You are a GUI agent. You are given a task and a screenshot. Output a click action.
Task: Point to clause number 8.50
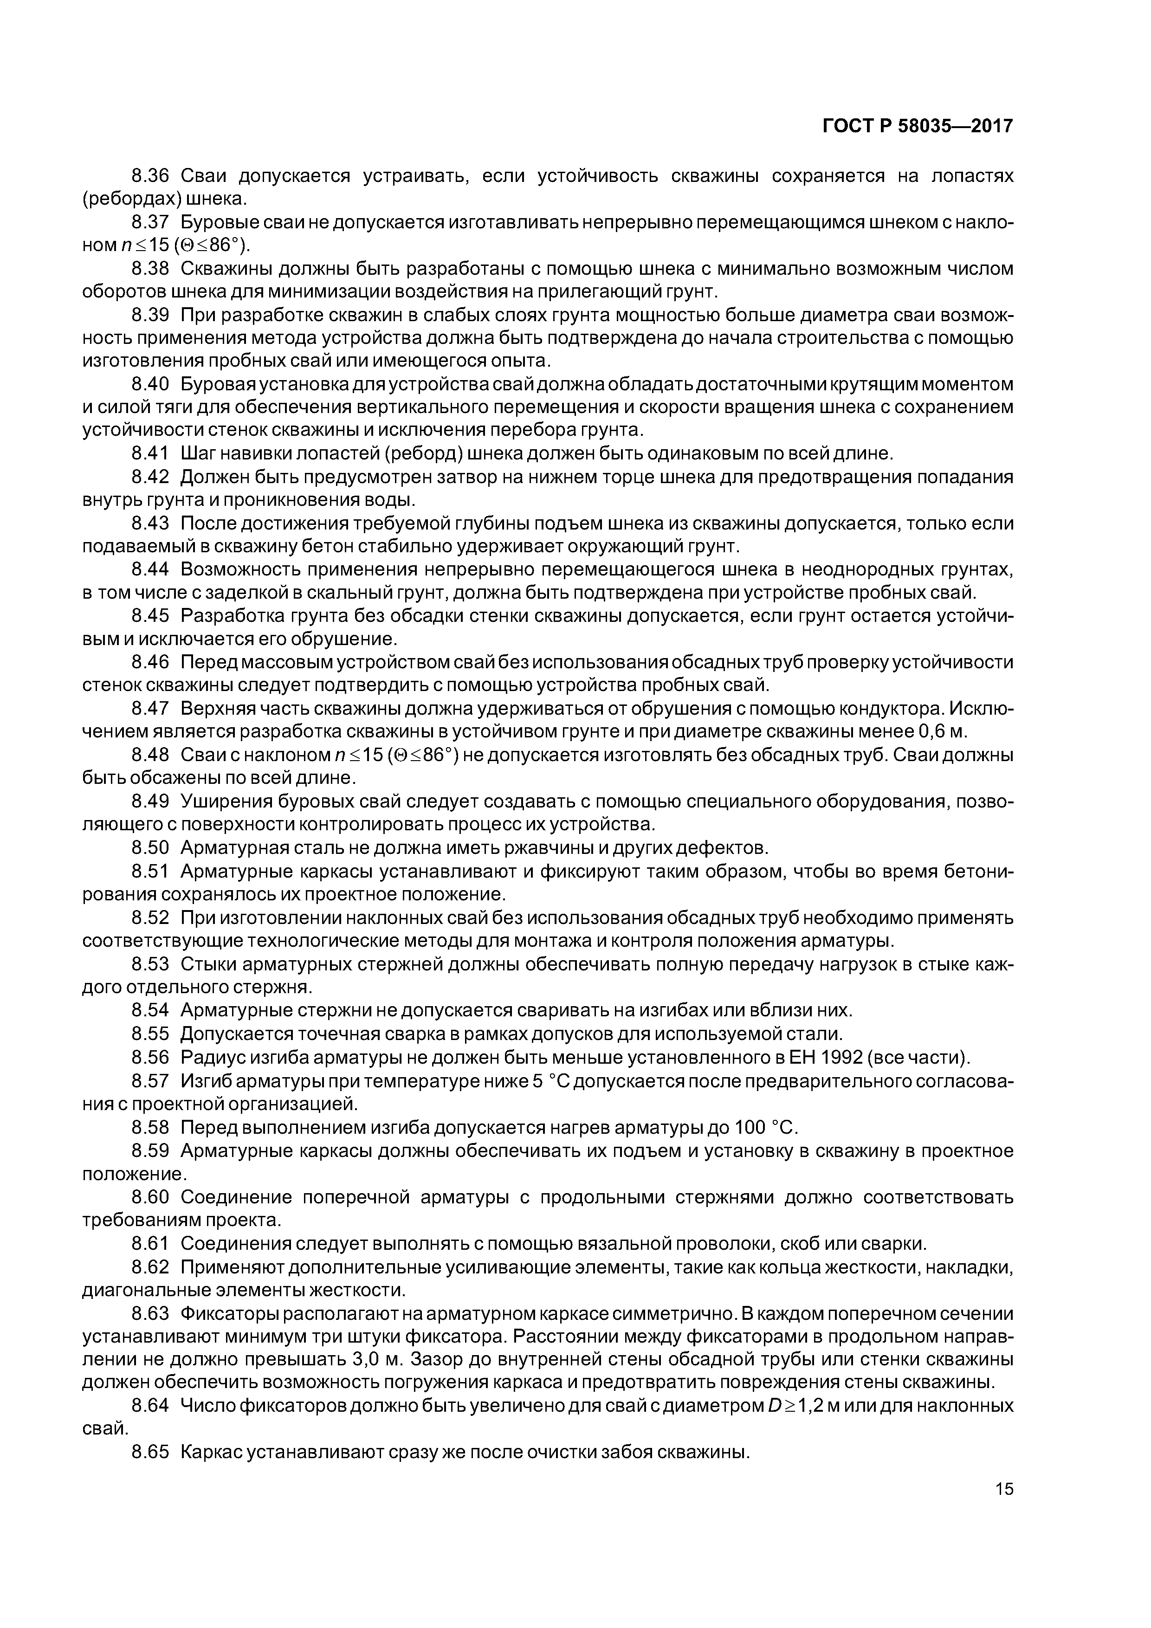click(x=150, y=848)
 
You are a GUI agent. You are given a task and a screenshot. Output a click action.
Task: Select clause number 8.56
click(x=150, y=1058)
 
